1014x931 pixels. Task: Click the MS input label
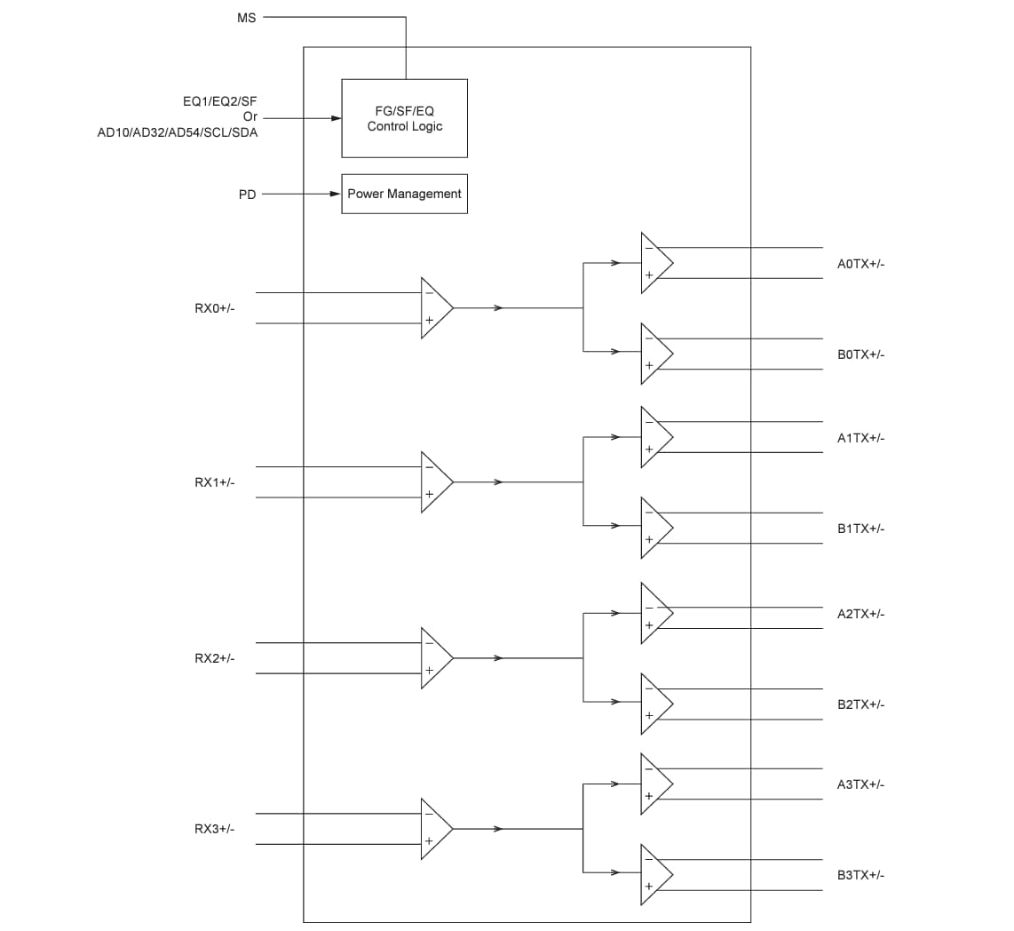pos(246,17)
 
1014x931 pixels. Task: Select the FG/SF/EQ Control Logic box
pos(404,118)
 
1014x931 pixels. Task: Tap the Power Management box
pos(404,194)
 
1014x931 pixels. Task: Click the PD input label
pos(247,195)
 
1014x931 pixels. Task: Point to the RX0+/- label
pos(215,308)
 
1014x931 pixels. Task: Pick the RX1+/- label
pos(215,482)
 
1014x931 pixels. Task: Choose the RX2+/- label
pos(215,658)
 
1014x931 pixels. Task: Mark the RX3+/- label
pos(215,829)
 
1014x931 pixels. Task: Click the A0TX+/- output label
pos(860,264)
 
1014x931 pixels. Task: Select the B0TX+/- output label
pos(860,354)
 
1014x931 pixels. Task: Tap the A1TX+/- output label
pos(860,438)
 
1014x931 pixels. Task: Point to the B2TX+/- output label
pos(860,704)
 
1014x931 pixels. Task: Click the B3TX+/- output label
pos(860,875)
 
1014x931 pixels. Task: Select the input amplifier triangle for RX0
pos(435,307)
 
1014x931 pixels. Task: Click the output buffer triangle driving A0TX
pos(654,263)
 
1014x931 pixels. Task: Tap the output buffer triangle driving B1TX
pos(654,528)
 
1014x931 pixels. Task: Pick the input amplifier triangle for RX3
pos(435,829)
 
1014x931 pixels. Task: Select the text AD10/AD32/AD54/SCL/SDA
pos(178,132)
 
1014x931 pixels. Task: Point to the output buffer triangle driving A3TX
pos(654,784)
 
